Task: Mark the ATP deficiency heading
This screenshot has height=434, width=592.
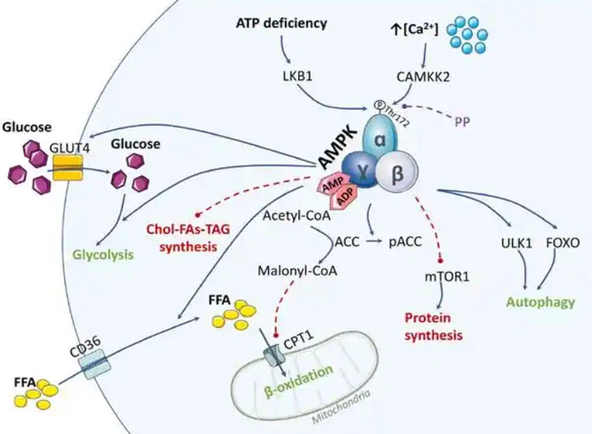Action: click(281, 23)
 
